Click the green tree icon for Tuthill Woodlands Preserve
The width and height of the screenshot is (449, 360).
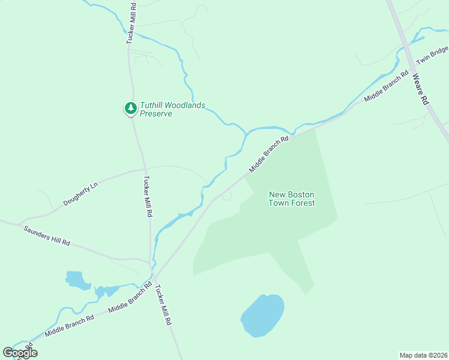click(x=130, y=108)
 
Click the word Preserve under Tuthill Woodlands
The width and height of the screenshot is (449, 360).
click(x=156, y=114)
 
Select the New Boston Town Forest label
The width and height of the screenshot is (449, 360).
click(x=292, y=199)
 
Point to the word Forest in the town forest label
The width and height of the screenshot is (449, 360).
click(x=303, y=203)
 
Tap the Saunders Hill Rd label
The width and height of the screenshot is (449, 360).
click(x=47, y=235)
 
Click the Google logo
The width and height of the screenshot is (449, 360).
click(x=20, y=353)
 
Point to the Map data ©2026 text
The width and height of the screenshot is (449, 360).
click(x=424, y=355)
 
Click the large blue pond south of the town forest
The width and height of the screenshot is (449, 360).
click(x=262, y=315)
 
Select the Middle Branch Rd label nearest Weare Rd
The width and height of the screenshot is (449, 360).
click(x=387, y=86)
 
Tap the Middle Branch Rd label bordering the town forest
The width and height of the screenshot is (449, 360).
click(x=269, y=154)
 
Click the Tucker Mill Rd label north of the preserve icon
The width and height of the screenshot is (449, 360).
click(x=130, y=22)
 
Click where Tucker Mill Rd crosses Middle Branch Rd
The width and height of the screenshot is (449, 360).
click(x=154, y=277)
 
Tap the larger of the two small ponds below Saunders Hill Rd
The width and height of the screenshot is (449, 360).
click(x=76, y=280)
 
